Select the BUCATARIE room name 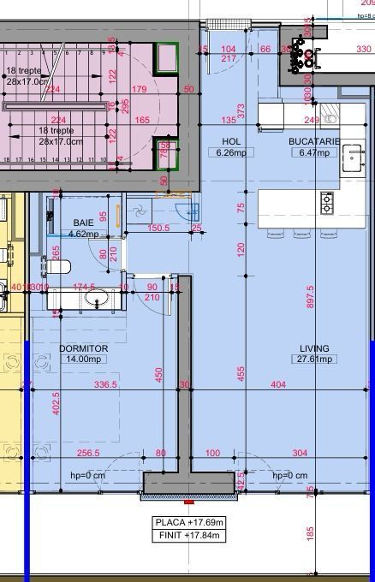pyautogui.click(x=314, y=140)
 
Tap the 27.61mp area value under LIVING pyautogui.click(x=314, y=359)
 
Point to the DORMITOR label pyautogui.click(x=83, y=348)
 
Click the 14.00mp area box pyautogui.click(x=83, y=359)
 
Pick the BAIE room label pyautogui.click(x=84, y=223)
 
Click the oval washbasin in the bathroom pyautogui.click(x=98, y=299)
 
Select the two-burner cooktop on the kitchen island pyautogui.click(x=327, y=203)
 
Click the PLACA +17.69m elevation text pyautogui.click(x=189, y=522)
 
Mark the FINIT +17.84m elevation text pyautogui.click(x=189, y=535)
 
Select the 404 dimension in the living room pyautogui.click(x=278, y=385)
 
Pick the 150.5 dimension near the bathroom pyautogui.click(x=159, y=229)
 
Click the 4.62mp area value pyautogui.click(x=84, y=234)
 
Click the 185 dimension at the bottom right pyautogui.click(x=310, y=532)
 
